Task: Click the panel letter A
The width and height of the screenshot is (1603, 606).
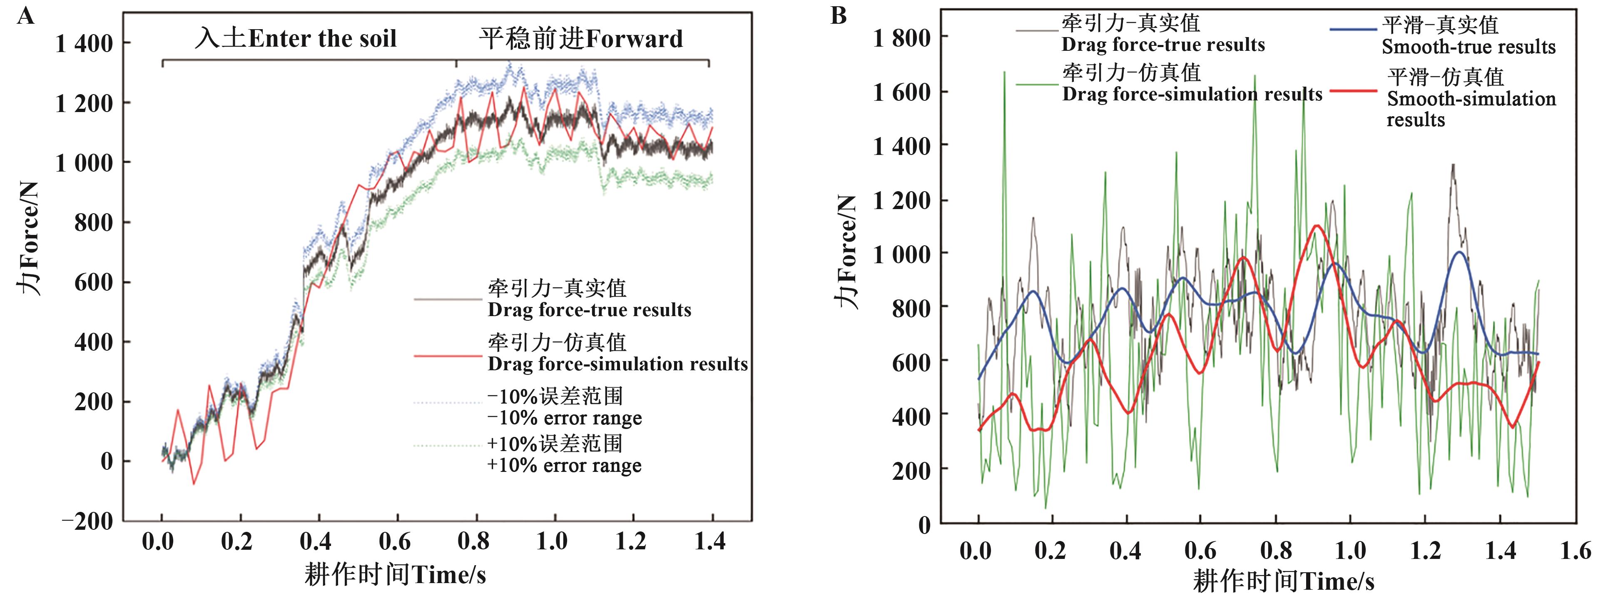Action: click(25, 15)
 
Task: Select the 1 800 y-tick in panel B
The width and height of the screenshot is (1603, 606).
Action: click(902, 39)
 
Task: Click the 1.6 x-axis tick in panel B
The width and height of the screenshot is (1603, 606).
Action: click(1575, 551)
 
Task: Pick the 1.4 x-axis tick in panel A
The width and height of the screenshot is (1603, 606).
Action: click(710, 541)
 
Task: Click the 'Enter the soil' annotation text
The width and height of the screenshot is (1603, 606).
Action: click(322, 39)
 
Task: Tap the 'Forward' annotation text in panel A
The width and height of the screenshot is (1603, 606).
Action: click(634, 39)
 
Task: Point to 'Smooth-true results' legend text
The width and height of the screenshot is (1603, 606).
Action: click(1469, 47)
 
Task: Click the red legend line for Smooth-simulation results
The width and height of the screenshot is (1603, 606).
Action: click(1354, 91)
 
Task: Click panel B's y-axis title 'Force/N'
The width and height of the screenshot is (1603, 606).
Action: click(846, 252)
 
